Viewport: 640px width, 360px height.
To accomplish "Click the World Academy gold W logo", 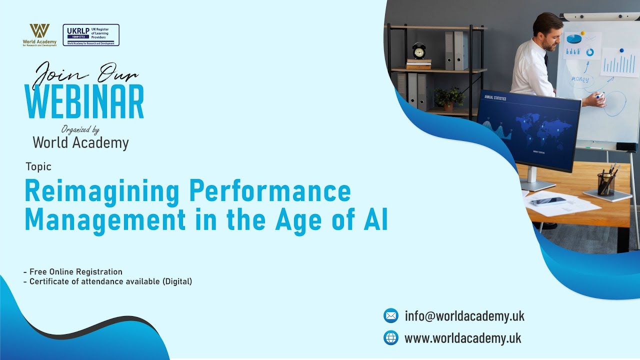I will (39, 31).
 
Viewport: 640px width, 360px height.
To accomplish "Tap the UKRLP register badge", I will (91, 35).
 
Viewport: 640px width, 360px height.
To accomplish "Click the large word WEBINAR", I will (84, 102).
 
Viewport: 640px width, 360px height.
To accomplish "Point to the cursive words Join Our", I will (85, 73).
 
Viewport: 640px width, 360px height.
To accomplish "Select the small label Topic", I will (38, 167).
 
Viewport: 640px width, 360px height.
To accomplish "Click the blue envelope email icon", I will (390, 315).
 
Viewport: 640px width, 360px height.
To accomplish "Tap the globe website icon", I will (390, 338).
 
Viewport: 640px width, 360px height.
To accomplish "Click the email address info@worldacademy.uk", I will (464, 316).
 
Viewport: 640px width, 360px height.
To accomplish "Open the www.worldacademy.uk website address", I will (462, 338).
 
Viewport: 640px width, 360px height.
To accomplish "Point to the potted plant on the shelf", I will (449, 98).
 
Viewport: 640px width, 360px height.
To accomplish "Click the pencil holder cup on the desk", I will (606, 184).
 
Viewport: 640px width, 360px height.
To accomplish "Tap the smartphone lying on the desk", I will (548, 201).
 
